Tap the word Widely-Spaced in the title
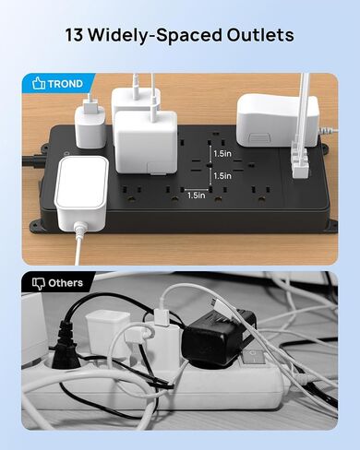(x=155, y=36)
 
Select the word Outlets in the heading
(x=259, y=36)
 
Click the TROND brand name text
(x=67, y=83)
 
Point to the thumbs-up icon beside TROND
(x=38, y=83)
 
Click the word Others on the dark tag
(x=66, y=283)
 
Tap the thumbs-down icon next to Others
(x=38, y=284)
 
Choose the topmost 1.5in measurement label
(x=222, y=153)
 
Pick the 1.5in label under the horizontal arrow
(x=196, y=195)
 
